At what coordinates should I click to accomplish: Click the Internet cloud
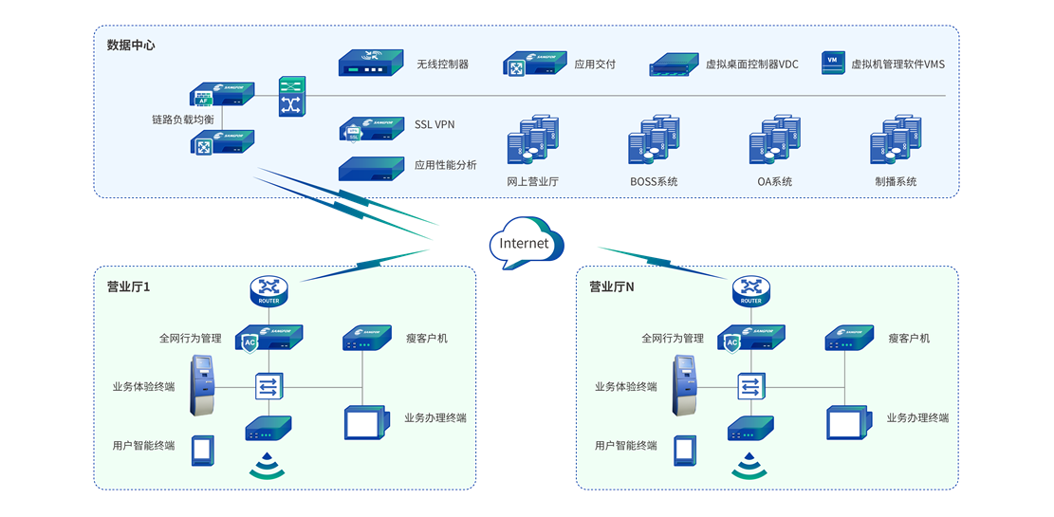(525, 243)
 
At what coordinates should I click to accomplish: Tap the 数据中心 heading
(131, 45)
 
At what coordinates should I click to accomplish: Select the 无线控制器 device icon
(372, 64)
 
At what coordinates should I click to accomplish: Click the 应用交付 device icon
(534, 65)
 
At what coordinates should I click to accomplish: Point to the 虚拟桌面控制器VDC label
(752, 65)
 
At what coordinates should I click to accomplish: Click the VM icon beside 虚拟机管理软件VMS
(832, 64)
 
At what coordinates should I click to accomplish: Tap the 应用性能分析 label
(445, 165)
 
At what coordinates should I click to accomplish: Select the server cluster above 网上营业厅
(532, 141)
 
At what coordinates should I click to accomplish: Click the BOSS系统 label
(654, 182)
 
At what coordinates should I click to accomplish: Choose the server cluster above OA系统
(775, 141)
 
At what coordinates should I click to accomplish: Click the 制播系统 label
(896, 182)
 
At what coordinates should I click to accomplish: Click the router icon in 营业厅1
(269, 290)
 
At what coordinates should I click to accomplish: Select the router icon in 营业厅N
(751, 290)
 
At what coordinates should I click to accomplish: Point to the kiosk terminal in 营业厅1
(202, 385)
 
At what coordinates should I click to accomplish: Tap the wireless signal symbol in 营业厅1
(268, 465)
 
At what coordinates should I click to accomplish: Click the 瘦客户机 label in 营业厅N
(909, 339)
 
